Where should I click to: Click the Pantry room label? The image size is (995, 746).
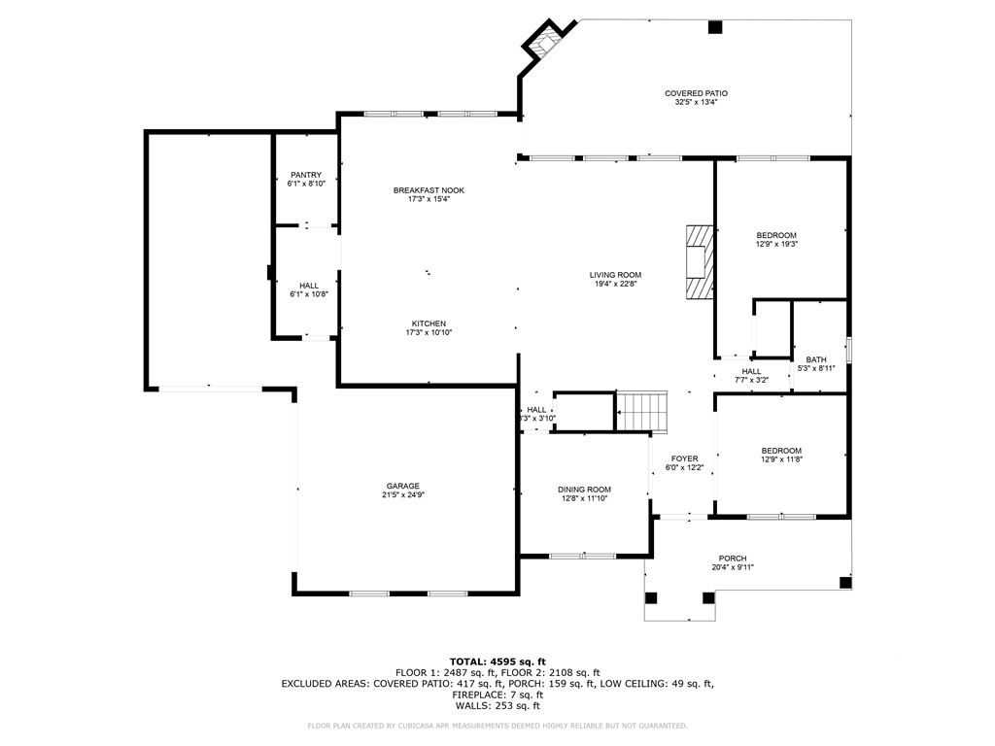coord(306,175)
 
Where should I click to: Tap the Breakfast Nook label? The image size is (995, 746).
coord(429,190)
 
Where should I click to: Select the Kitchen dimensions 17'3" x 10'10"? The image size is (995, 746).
coord(429,332)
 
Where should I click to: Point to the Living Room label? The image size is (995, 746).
coord(615,275)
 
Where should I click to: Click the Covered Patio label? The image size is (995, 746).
coord(696,93)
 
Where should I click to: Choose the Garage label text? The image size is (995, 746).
coord(403,487)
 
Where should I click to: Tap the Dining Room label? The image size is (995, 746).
coord(584,490)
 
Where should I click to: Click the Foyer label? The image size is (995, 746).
coord(685,458)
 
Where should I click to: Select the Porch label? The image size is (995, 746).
coord(733,559)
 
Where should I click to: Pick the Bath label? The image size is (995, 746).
coord(816,359)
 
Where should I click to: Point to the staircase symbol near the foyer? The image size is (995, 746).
coord(642,412)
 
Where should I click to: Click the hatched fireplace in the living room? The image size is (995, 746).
coord(700,261)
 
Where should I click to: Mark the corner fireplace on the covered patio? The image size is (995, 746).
coord(544,44)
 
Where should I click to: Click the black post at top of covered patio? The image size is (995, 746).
coord(715,27)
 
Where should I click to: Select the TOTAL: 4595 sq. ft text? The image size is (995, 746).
coord(497,661)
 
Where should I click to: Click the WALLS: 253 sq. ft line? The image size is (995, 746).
coord(497,705)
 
